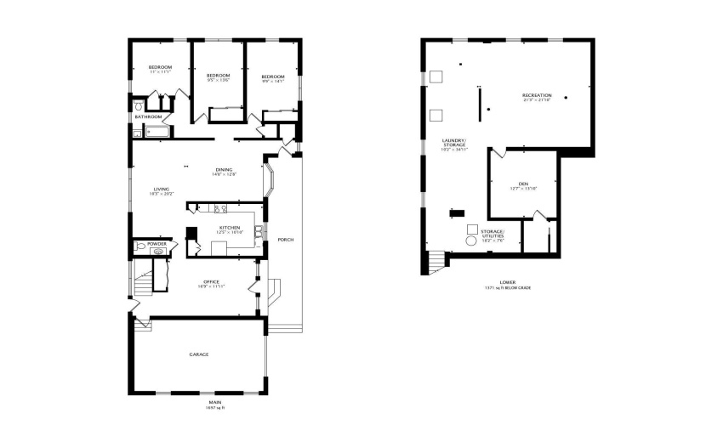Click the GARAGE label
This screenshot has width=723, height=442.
[x=199, y=354]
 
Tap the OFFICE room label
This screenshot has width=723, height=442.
[x=211, y=282]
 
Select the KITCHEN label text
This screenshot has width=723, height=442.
[x=230, y=228]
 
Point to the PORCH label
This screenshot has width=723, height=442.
[x=286, y=240]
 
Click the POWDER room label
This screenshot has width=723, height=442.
[x=156, y=244]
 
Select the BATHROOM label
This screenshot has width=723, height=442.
[x=148, y=116]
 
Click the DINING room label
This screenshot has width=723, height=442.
[x=224, y=170]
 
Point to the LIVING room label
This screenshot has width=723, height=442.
[x=161, y=190]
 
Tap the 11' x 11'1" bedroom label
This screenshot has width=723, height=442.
[x=160, y=67]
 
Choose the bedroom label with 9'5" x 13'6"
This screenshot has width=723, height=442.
[x=219, y=76]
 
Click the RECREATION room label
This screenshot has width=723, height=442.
[x=537, y=95]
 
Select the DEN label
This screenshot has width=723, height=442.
[x=523, y=184]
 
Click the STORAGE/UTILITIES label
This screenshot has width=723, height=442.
[x=492, y=233]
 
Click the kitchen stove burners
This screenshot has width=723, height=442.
[x=219, y=209]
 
